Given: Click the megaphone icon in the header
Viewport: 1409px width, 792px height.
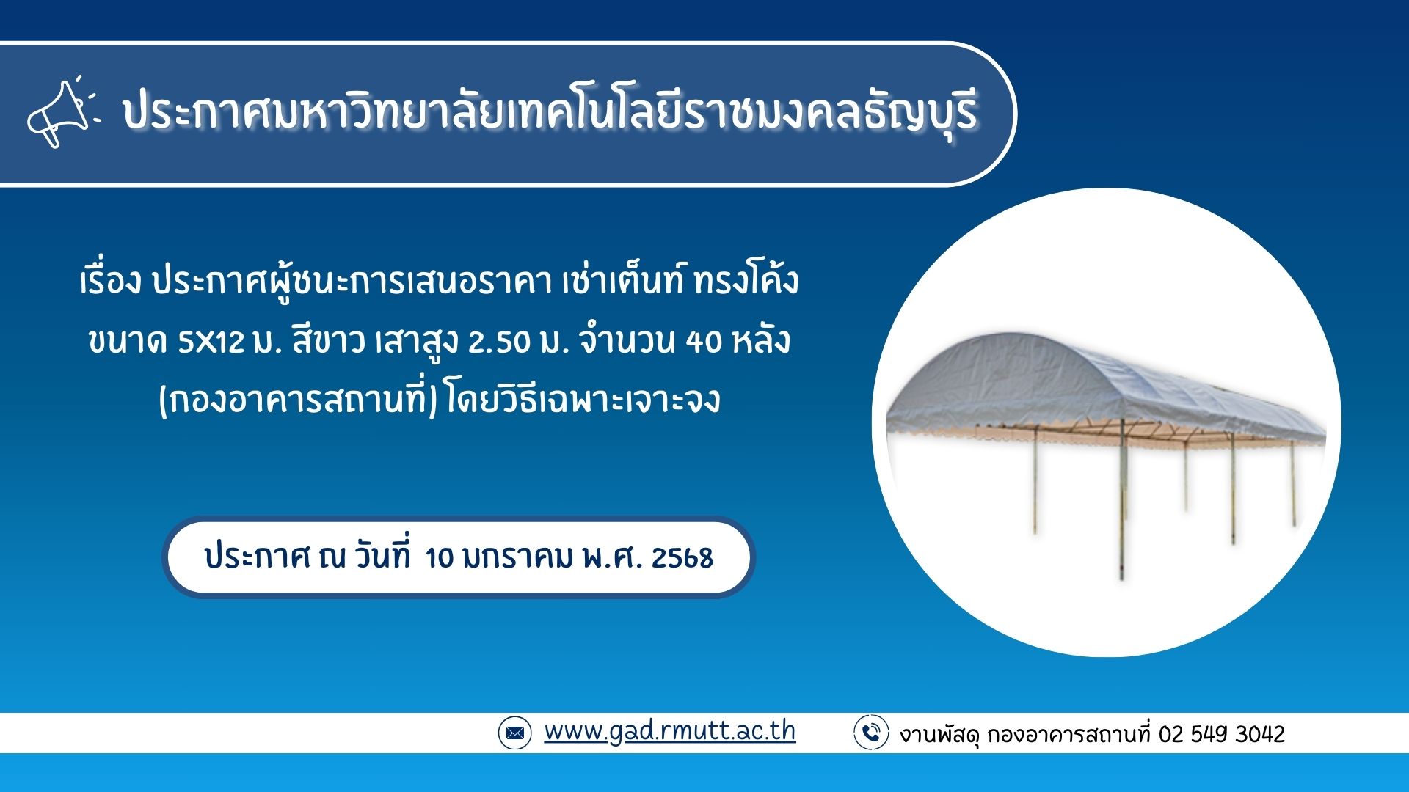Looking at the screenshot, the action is tap(62, 113).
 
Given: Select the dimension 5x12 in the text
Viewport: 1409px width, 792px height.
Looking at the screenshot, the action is tap(211, 342).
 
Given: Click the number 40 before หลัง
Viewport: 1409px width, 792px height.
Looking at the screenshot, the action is tap(704, 342).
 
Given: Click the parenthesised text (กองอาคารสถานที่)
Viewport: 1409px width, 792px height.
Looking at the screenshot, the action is tap(298, 400).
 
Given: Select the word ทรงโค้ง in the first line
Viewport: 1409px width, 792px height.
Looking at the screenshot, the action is tap(746, 281).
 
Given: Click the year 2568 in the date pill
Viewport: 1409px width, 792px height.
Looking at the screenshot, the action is tap(682, 558).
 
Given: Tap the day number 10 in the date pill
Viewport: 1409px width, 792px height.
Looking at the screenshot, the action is tap(440, 558).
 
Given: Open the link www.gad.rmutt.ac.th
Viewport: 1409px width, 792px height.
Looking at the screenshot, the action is tap(669, 731).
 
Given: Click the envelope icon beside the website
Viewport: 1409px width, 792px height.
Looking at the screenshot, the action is tap(514, 733).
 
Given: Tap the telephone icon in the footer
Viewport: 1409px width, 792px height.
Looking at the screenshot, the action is tap(871, 733).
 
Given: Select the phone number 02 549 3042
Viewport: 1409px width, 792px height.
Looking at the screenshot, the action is tap(1222, 734).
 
